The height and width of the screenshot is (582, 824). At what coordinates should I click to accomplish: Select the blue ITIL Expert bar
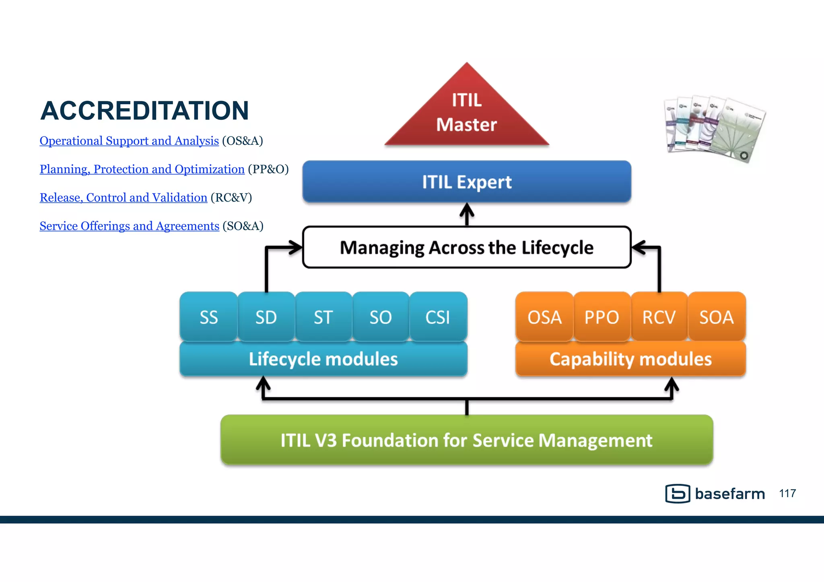467,182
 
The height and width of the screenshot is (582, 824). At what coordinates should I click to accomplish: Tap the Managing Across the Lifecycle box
467,247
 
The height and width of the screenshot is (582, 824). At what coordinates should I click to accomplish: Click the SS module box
208,317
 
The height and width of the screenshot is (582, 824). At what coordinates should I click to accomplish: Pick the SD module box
266,317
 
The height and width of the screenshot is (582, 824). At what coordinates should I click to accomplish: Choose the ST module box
323,317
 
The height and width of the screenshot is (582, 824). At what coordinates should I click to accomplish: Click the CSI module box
438,317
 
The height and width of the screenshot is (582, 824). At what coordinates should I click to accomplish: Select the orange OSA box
544,317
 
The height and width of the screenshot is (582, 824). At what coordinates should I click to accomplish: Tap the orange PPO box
602,317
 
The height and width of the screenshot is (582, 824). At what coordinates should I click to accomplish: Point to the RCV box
659,317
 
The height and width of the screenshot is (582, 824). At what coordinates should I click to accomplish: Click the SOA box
716,317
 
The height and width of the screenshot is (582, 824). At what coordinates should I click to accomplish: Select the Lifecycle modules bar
323,359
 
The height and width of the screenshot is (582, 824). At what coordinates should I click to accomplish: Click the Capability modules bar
630,359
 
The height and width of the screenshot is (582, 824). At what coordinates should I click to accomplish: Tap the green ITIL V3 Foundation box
467,440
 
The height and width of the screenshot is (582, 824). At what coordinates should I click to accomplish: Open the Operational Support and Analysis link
129,141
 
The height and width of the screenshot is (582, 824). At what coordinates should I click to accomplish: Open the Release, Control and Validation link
123,197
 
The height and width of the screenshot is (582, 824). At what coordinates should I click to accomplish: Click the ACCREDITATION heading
144,111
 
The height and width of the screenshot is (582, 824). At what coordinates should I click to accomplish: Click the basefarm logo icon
678,494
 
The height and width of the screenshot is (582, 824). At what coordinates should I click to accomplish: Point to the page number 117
787,494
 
